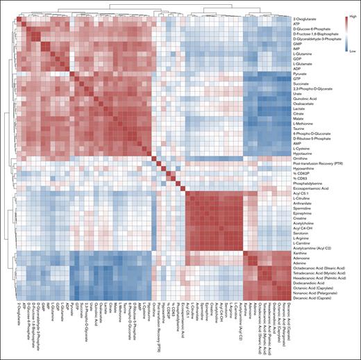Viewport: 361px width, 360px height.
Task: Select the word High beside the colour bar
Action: click(x=351, y=14)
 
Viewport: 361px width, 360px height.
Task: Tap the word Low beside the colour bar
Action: click(x=351, y=51)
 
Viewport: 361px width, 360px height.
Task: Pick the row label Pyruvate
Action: click(x=304, y=73)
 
